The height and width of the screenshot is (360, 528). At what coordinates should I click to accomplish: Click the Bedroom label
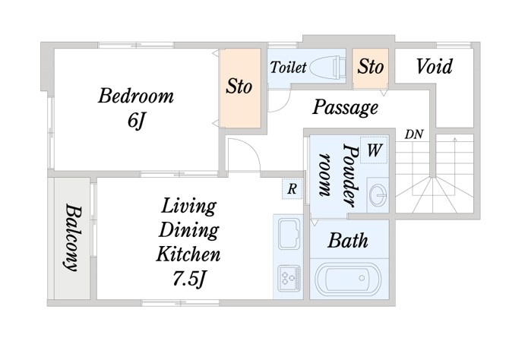point(136,96)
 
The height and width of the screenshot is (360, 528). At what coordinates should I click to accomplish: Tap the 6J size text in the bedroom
point(136,120)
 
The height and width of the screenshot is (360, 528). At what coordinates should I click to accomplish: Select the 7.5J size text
point(189,279)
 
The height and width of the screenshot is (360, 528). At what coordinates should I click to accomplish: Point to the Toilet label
point(288,67)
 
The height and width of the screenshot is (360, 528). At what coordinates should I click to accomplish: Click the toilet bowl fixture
point(327,68)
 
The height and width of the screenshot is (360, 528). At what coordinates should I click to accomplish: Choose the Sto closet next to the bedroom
point(240,88)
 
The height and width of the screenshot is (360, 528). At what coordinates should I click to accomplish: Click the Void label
point(434,66)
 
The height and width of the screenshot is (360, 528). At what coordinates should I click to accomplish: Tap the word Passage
point(345,107)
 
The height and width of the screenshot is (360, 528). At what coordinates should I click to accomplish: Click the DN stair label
point(414,134)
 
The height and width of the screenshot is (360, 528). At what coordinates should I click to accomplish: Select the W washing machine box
point(374,150)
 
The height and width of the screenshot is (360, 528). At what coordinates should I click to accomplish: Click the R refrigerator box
point(292,188)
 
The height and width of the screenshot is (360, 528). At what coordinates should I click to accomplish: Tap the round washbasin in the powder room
point(378,195)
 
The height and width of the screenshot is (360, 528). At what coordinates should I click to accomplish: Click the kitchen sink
point(289,233)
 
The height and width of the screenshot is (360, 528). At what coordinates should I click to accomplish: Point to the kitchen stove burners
point(289,279)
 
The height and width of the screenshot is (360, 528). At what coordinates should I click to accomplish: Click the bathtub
point(348,279)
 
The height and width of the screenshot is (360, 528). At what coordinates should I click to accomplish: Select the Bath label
point(348,241)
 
